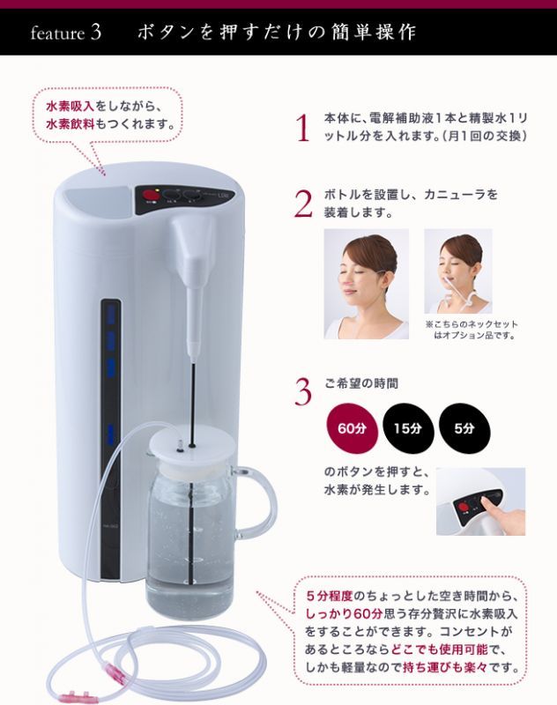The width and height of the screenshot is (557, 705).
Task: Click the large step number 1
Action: (302, 129)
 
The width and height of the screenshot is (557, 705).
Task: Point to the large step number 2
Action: (302, 204)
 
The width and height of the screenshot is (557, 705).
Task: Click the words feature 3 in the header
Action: (65, 33)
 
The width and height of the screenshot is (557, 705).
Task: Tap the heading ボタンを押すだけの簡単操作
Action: (276, 33)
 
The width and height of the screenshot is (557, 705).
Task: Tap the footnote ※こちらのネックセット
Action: (471, 324)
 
